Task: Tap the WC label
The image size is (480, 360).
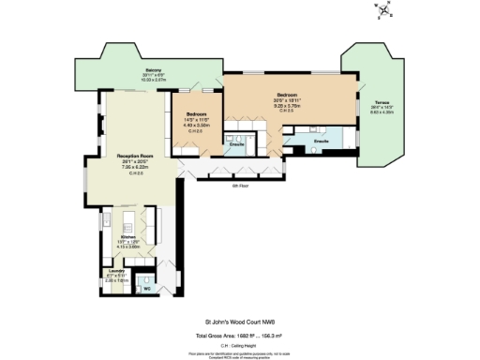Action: [146, 289]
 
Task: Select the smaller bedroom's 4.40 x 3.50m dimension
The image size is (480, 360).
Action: [197, 126]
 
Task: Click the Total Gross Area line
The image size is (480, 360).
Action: [240, 334]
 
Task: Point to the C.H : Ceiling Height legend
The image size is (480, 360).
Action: [240, 344]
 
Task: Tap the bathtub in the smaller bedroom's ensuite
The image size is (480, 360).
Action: [246, 130]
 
